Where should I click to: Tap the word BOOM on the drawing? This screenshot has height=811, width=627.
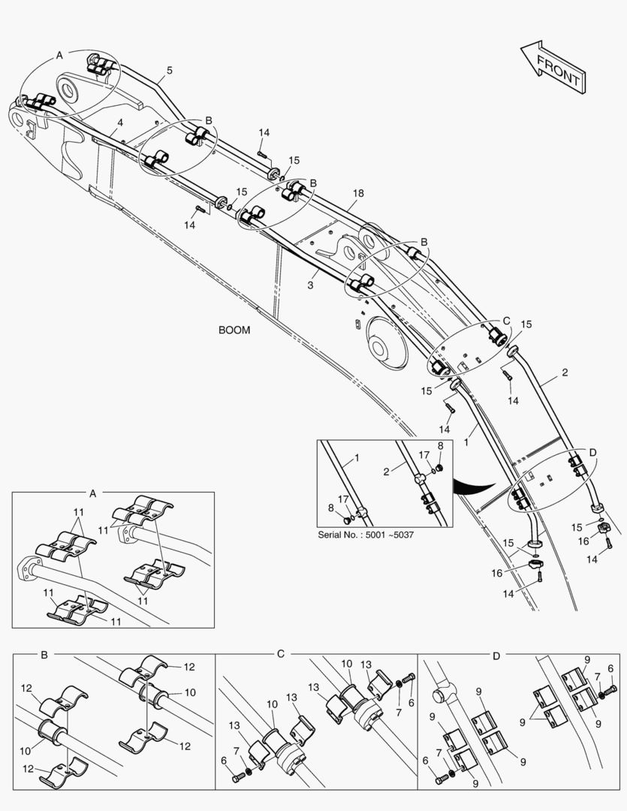[x=234, y=330]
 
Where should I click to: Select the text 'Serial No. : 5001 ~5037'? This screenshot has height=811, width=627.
[x=366, y=534]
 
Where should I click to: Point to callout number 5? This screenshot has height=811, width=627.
[x=169, y=71]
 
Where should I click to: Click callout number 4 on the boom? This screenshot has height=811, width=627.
[x=120, y=122]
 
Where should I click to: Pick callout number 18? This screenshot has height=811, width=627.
[x=358, y=193]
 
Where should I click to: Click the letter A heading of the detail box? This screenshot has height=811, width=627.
[x=93, y=493]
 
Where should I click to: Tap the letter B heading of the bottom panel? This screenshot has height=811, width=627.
[x=44, y=655]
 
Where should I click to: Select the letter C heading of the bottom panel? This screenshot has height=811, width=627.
[x=280, y=655]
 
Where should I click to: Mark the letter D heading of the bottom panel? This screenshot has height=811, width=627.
[x=496, y=655]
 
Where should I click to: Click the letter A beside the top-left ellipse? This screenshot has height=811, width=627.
[x=59, y=55]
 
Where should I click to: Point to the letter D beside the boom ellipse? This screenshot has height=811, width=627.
[x=592, y=452]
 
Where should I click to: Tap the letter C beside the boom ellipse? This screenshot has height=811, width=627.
[x=505, y=321]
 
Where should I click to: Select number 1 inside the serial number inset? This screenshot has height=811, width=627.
[x=357, y=457]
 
